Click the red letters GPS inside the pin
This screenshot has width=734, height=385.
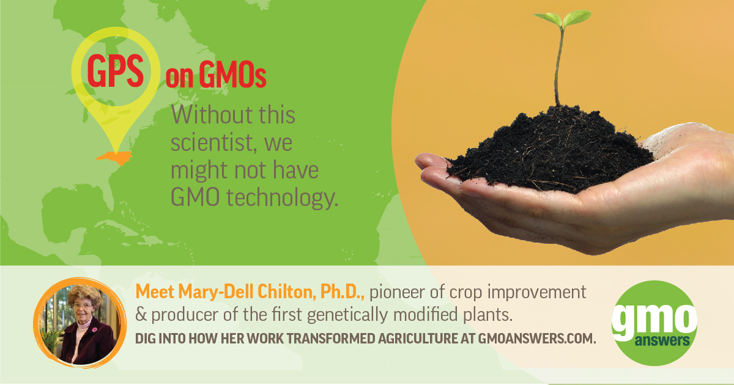pos(116,71)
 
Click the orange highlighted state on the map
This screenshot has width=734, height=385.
pos(114,158)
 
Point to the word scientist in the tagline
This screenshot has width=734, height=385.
pos(212,143)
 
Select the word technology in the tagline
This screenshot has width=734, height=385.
pos(283,198)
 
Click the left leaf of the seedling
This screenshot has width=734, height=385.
pos(548,20)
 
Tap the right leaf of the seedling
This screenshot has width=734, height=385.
pos(577,17)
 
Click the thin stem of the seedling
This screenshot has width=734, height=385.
pos(558,65)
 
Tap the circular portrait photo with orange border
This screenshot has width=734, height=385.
pos(80,323)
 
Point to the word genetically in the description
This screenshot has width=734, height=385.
pos(347,315)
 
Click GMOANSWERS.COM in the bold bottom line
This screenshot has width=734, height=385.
pos(537,339)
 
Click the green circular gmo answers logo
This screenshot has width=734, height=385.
pos(654,323)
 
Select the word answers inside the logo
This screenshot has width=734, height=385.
pos(662,341)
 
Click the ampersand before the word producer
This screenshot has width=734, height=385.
pos(141,315)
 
